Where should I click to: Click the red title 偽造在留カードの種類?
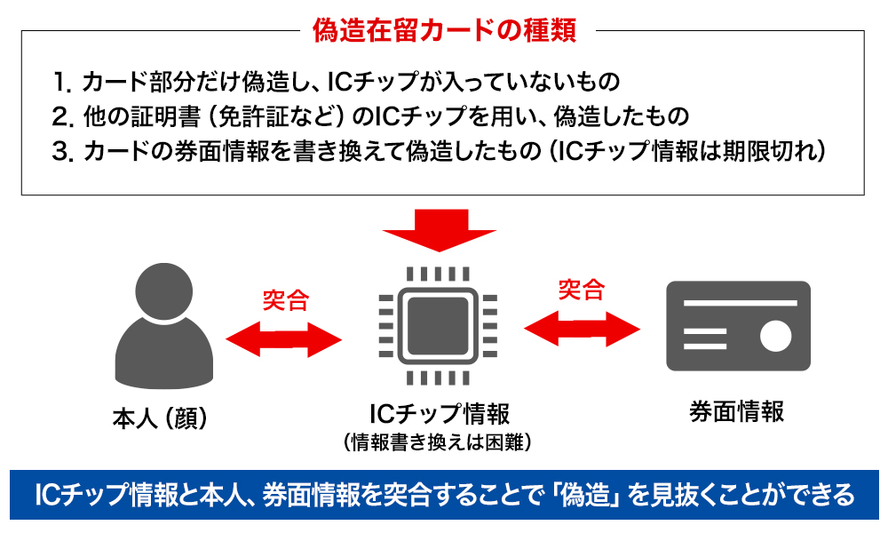pyautogui.click(x=444, y=30)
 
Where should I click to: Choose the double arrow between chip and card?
pyautogui.click(x=582, y=327)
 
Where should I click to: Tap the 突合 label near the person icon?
pyautogui.click(x=285, y=299)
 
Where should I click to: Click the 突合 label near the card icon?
pyautogui.click(x=581, y=289)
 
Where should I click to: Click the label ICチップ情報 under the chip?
pyautogui.click(x=438, y=413)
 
